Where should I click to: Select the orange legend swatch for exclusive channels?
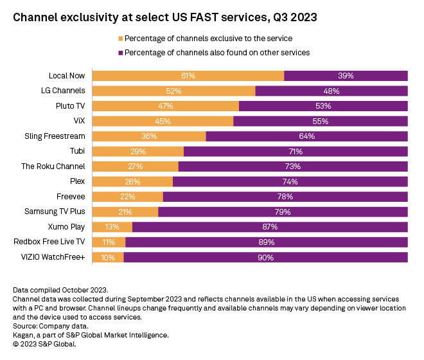120,39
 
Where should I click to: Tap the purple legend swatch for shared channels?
120,52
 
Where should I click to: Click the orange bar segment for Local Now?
188,76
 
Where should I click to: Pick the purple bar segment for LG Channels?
331,91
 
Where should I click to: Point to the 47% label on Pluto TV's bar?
166,105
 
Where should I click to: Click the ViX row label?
79,120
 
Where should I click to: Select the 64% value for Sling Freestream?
306,136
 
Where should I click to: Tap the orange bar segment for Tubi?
138,151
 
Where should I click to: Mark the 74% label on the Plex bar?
290,181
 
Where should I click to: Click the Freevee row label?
70,196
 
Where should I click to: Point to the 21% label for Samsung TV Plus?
125,212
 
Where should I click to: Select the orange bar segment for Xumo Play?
112,227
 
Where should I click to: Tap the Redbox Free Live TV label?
50,242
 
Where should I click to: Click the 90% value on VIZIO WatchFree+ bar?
265,257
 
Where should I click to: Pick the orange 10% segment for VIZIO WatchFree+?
108,257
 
